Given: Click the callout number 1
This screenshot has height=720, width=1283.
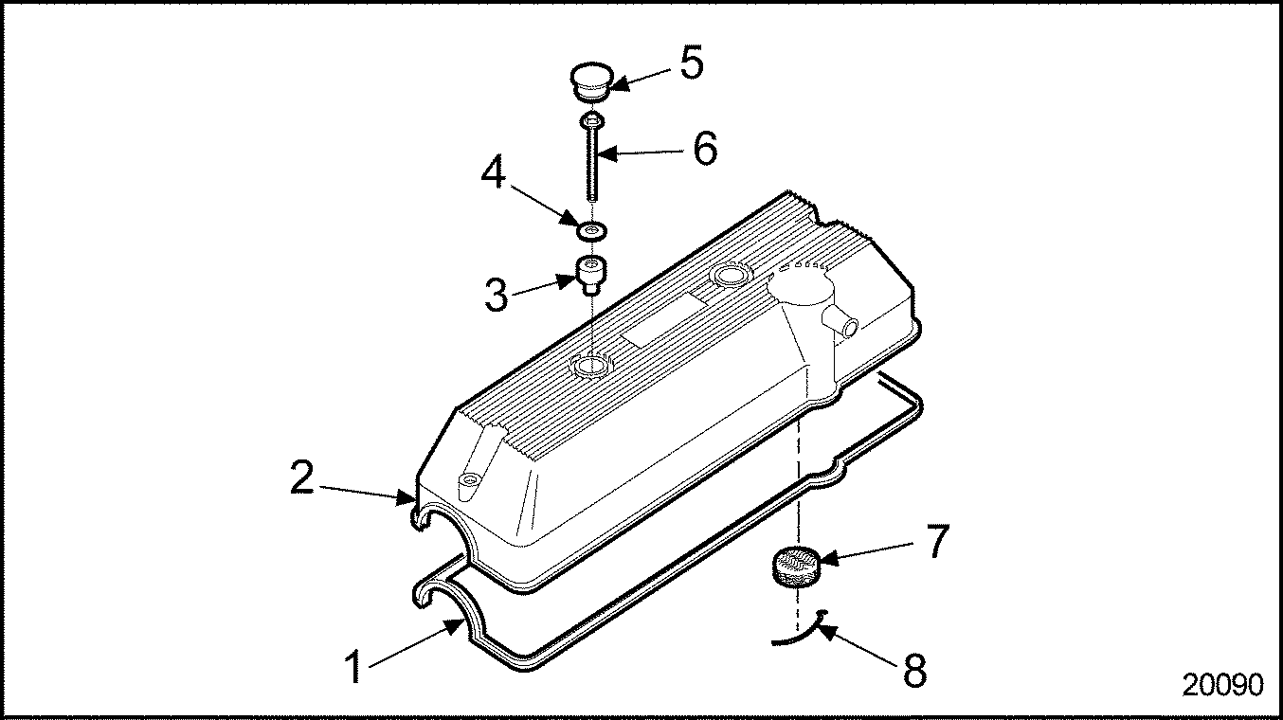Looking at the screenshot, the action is [354, 667].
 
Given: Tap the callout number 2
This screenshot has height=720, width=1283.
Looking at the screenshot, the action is [302, 477].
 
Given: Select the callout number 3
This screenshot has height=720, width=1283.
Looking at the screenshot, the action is [496, 296].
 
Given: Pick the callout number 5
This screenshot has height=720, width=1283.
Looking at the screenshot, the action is [692, 63].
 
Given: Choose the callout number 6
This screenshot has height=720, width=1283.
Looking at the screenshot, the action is [705, 149].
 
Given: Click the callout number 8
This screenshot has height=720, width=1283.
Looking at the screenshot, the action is [914, 670].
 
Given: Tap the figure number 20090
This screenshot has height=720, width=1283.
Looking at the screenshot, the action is [1223, 685].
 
